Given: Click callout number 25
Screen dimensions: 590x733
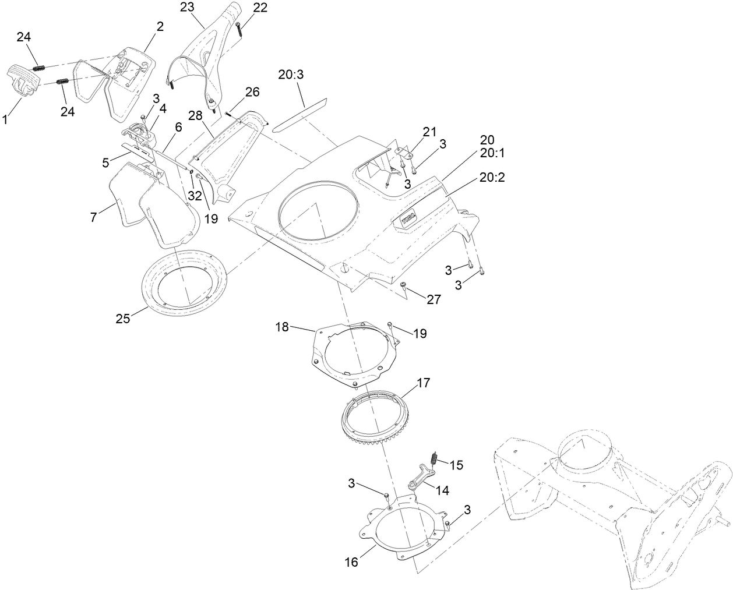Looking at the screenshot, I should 122,319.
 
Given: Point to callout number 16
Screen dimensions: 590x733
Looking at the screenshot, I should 351,562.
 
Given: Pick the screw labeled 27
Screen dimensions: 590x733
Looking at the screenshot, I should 404,285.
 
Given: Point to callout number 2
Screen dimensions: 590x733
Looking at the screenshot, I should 160,27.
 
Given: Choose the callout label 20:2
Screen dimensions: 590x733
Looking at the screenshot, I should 492,178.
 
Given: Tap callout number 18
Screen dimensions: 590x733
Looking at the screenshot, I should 282,327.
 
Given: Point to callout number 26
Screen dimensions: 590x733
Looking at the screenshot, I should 252,92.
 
